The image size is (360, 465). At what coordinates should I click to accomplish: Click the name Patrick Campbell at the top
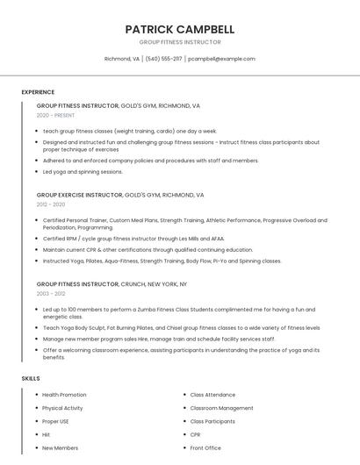click(x=180, y=29)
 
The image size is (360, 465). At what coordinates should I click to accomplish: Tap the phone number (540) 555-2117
click(x=163, y=59)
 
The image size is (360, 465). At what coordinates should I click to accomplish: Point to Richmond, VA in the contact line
click(x=122, y=59)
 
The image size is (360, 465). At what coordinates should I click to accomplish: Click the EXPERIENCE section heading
click(x=38, y=91)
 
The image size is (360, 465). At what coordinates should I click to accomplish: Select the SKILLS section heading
click(x=31, y=378)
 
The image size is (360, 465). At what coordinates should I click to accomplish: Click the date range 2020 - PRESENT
click(x=55, y=115)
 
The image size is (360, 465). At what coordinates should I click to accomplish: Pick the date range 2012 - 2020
click(x=51, y=204)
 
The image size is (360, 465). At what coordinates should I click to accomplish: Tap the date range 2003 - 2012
click(x=51, y=294)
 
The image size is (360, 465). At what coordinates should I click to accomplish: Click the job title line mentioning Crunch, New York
click(x=112, y=284)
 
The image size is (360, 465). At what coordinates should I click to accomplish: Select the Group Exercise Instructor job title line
click(x=120, y=195)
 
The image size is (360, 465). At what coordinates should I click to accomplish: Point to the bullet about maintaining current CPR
click(x=148, y=249)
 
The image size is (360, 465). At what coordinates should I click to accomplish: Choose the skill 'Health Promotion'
click(x=64, y=395)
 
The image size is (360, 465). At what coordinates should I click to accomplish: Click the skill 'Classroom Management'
click(x=221, y=408)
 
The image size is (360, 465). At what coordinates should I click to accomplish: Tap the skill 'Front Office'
click(x=205, y=448)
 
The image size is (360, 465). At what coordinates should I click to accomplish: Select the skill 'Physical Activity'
click(x=62, y=408)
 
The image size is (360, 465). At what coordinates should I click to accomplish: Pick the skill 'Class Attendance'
click(x=212, y=395)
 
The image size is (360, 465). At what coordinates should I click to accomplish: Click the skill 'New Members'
click(x=60, y=448)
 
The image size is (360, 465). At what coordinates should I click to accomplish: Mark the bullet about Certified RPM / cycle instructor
click(x=133, y=239)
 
